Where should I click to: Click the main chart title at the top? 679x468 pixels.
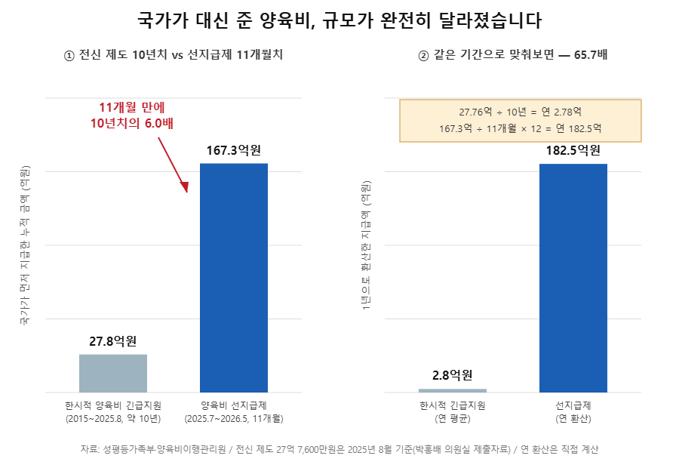pos(339,20)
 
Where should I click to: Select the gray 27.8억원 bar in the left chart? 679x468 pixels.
pos(113,373)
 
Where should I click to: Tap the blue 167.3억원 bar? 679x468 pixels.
pos(234,278)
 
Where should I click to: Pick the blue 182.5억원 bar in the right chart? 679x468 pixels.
pos(573,278)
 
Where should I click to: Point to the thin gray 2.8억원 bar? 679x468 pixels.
pos(453,390)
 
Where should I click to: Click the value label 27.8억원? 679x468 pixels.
pos(113,341)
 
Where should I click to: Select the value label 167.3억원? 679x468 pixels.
pos(234,150)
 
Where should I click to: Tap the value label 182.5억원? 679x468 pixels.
pos(573,150)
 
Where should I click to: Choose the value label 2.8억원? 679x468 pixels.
pos(453,375)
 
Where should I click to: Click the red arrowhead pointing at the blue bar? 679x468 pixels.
pos(185,186)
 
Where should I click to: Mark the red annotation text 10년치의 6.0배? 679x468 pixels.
pos(131,124)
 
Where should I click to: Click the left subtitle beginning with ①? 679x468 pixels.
pos(174,55)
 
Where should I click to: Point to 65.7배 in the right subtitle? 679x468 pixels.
pos(591,55)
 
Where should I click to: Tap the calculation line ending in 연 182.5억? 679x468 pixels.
pos(521,128)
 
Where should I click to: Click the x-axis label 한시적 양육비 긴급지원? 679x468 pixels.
pos(113,405)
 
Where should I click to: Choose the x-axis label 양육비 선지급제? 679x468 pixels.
pos(234,405)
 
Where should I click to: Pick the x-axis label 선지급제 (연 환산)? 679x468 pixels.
pos(573,412)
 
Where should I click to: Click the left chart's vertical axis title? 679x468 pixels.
pos(25,245)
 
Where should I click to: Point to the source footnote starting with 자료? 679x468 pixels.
pos(339,449)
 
